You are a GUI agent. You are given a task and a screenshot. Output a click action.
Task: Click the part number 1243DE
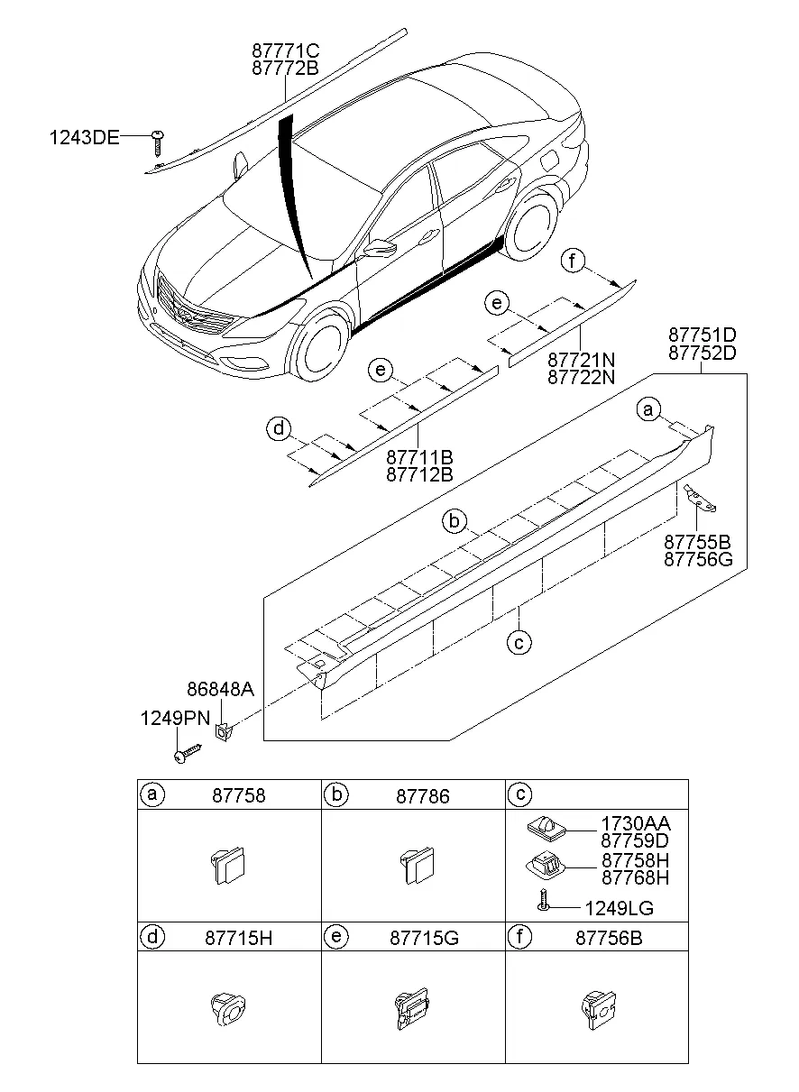coord(84,137)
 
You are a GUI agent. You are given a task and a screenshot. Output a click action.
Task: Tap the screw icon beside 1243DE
coord(159,140)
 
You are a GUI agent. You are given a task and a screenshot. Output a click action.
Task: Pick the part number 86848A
coord(220,690)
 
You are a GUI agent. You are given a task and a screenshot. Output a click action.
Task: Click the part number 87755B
coord(697,542)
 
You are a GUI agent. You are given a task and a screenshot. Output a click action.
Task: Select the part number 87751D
coord(703,334)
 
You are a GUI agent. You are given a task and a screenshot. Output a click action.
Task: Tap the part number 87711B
coord(419,458)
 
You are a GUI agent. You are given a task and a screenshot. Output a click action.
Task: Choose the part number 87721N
coord(582,360)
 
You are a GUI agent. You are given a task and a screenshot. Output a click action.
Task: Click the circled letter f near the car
coord(572,262)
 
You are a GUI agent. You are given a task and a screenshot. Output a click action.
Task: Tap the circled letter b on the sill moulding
coord(455,521)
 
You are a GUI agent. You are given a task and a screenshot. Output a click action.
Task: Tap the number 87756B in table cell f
coord(608,938)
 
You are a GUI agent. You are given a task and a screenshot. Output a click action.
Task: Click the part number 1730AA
coord(636,823)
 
